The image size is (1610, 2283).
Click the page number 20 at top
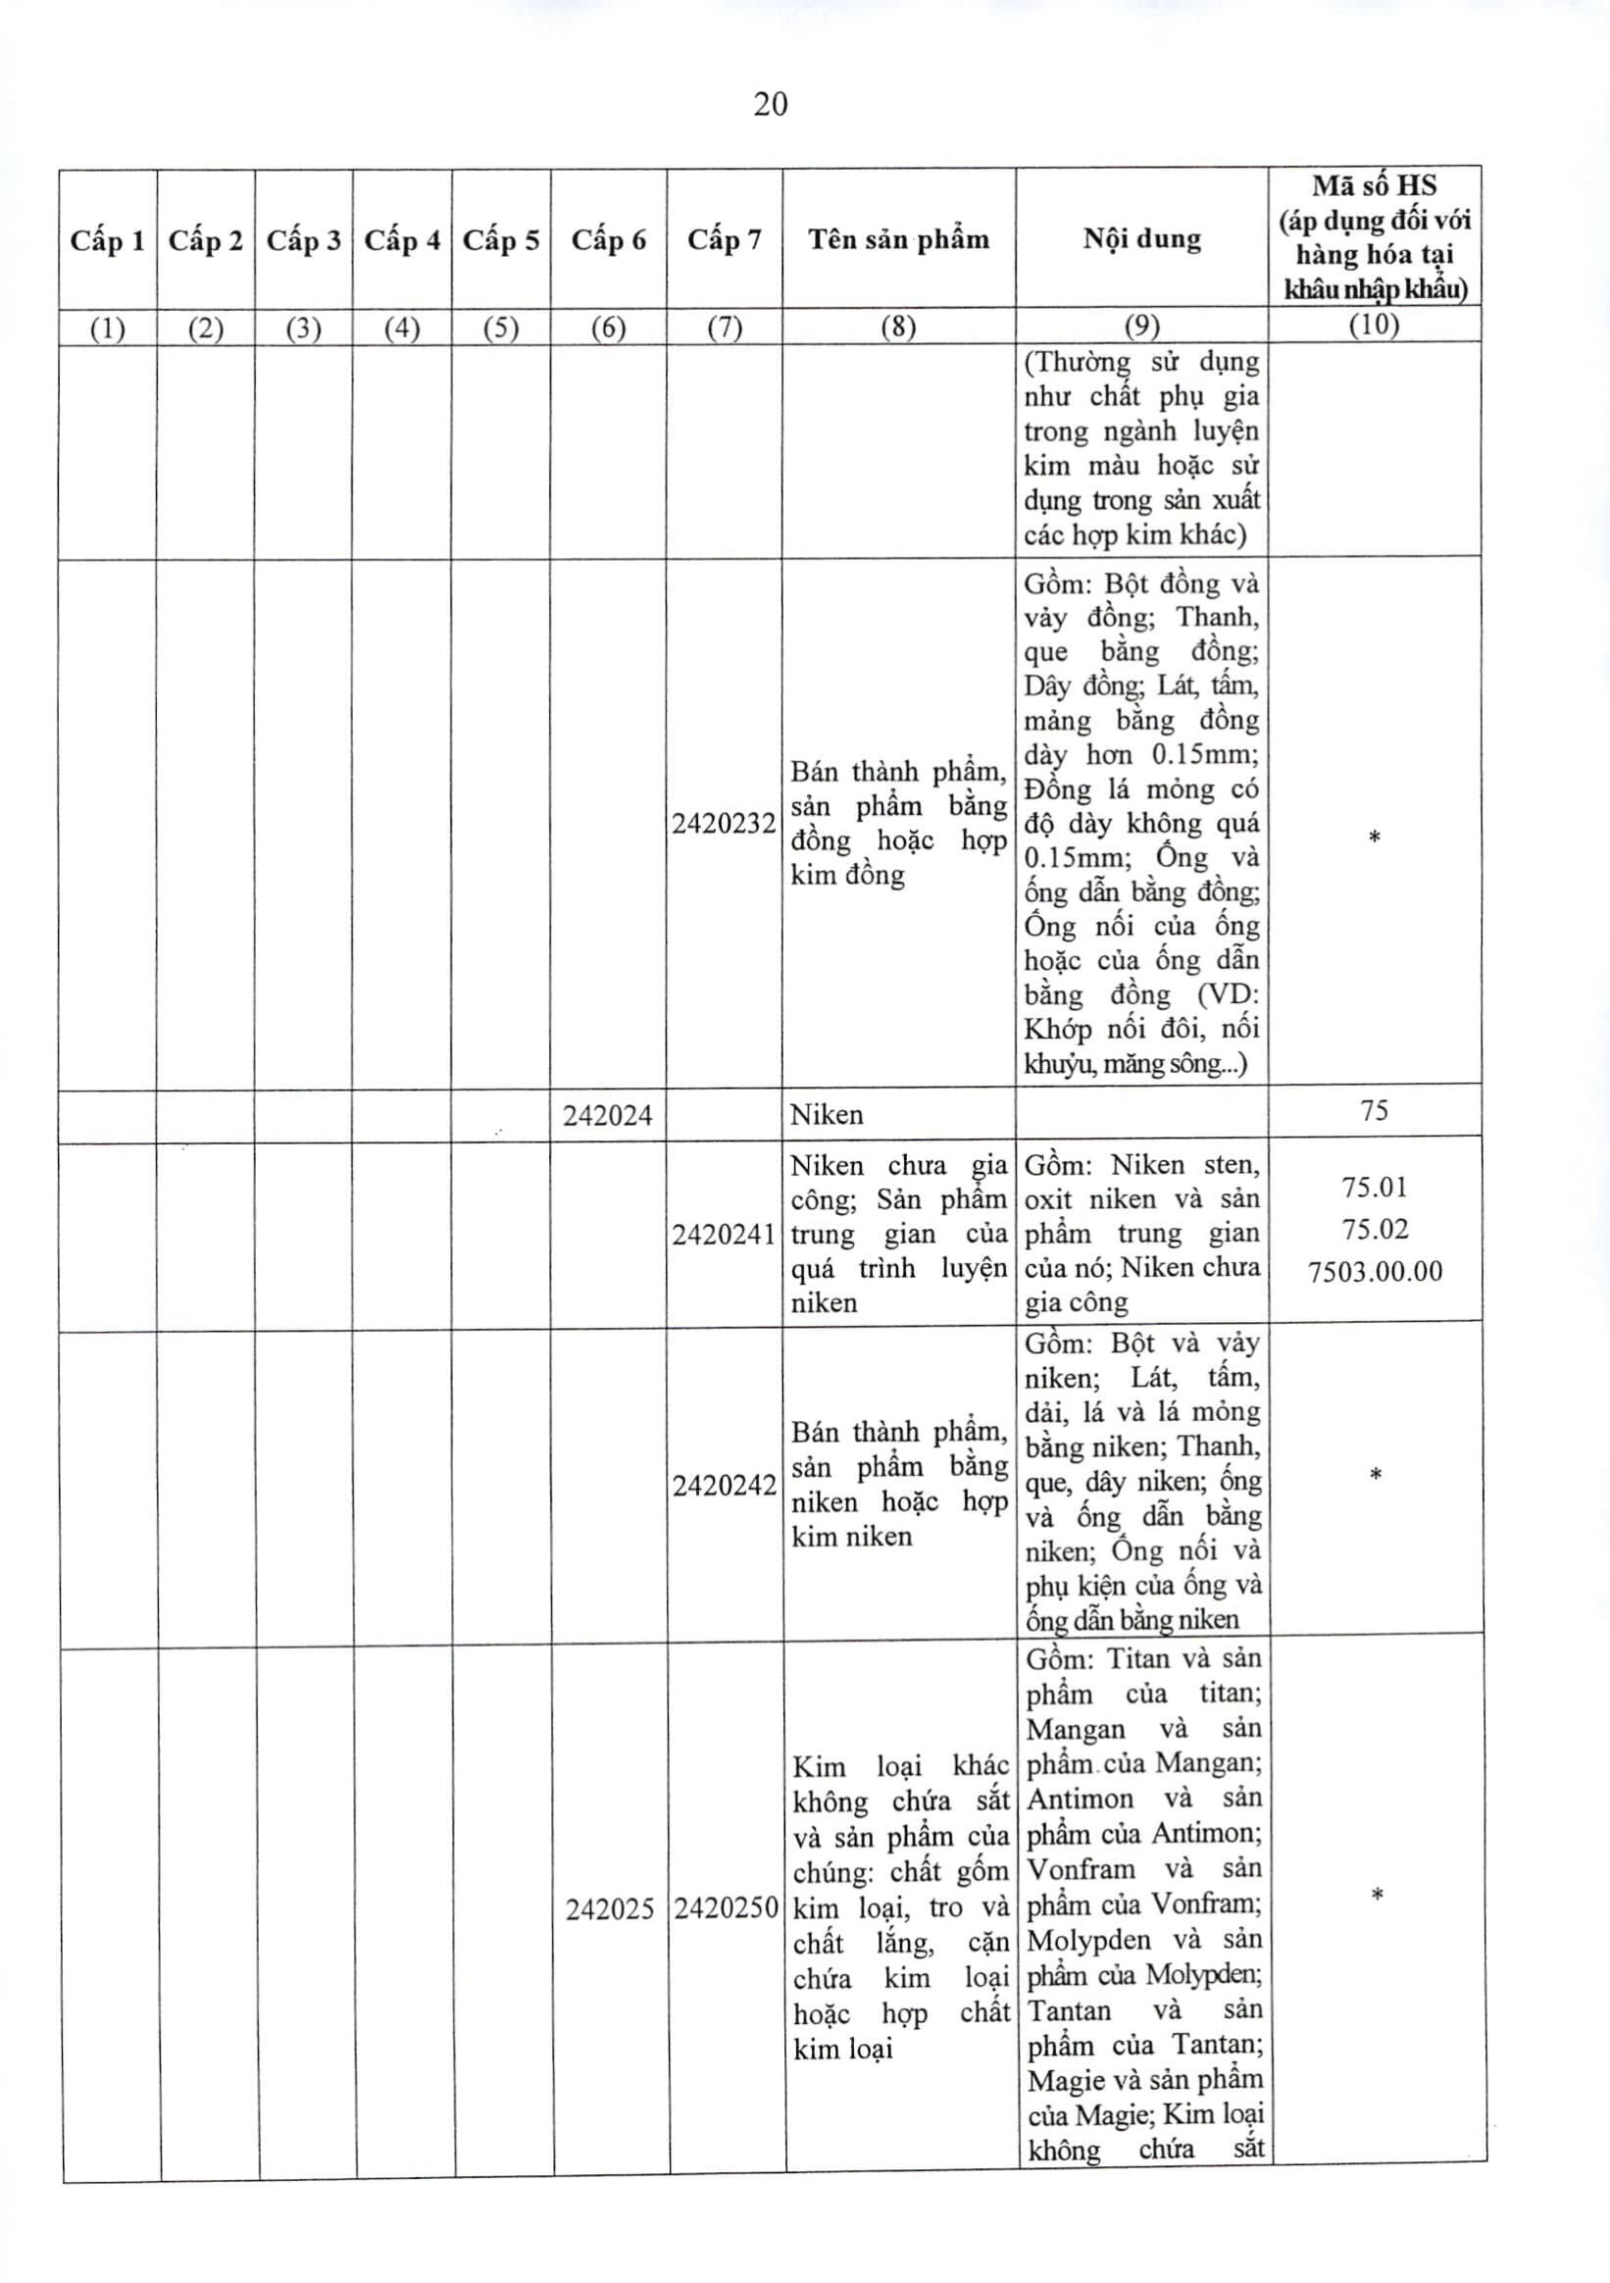click(x=771, y=104)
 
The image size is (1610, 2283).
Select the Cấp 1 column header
click(x=108, y=240)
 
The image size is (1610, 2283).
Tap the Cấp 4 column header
click(x=402, y=240)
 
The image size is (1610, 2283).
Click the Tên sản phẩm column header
click(x=898, y=239)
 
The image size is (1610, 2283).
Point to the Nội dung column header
click(x=1141, y=239)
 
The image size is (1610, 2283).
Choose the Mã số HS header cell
click(x=1375, y=237)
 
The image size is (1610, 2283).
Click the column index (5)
click(x=501, y=328)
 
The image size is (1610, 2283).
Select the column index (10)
click(x=1375, y=326)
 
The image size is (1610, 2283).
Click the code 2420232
click(x=724, y=824)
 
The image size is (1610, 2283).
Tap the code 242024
click(x=608, y=1116)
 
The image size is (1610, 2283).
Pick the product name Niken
click(x=827, y=1115)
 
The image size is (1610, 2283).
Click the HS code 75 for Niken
click(x=1375, y=1111)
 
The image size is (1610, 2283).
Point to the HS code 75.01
click(x=1375, y=1188)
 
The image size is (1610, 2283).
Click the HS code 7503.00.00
click(x=1375, y=1271)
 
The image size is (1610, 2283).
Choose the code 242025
click(x=610, y=1909)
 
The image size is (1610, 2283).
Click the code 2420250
click(x=726, y=1909)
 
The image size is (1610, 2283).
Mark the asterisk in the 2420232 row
click(x=1375, y=838)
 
